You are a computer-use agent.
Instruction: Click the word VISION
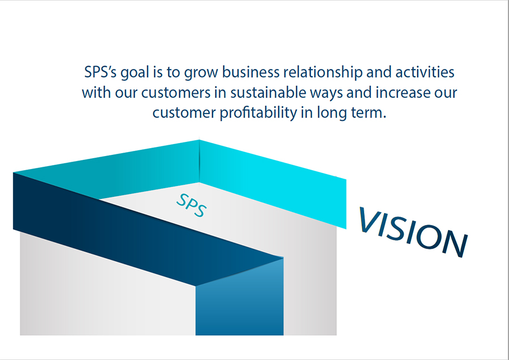click(x=413, y=232)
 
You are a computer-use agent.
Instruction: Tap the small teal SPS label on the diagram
click(x=191, y=205)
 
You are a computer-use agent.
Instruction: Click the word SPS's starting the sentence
click(x=100, y=72)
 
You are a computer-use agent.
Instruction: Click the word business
click(x=251, y=72)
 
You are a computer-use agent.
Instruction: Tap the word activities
click(x=425, y=72)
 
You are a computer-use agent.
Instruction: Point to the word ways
click(x=326, y=94)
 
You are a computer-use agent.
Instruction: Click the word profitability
click(x=258, y=113)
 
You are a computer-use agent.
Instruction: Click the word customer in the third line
click(x=184, y=113)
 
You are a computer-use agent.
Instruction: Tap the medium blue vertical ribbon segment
click(x=240, y=302)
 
